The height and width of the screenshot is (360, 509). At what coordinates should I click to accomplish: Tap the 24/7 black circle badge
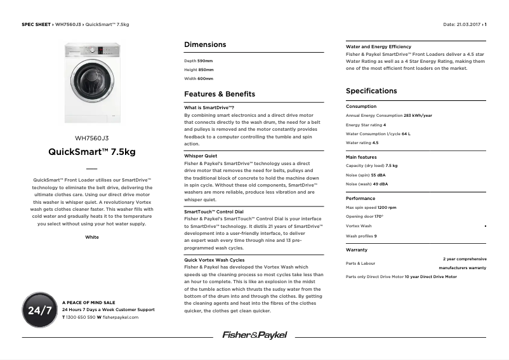(40, 310)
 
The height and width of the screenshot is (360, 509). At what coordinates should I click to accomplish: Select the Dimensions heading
(205, 45)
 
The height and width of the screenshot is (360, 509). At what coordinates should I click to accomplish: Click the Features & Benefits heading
(219, 94)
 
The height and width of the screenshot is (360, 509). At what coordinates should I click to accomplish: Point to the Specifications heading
(371, 91)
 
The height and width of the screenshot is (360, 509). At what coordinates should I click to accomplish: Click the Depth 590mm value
(205, 61)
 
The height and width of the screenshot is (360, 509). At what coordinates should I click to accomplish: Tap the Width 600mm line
(199, 79)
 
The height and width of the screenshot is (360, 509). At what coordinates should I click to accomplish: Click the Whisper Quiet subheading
(201, 156)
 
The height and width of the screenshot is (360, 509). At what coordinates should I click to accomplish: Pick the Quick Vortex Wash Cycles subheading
(214, 260)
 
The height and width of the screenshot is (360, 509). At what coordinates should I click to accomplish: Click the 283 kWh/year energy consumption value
(418, 116)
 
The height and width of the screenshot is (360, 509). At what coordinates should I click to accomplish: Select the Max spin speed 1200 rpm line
(371, 208)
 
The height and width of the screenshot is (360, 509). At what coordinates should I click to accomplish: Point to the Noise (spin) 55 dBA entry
(366, 175)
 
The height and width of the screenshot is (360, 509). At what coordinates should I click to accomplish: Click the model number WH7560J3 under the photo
(92, 138)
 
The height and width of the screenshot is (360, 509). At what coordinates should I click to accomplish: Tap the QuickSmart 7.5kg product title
(92, 152)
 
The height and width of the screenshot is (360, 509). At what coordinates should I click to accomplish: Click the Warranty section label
(357, 250)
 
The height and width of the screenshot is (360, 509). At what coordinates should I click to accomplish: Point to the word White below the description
(92, 237)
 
